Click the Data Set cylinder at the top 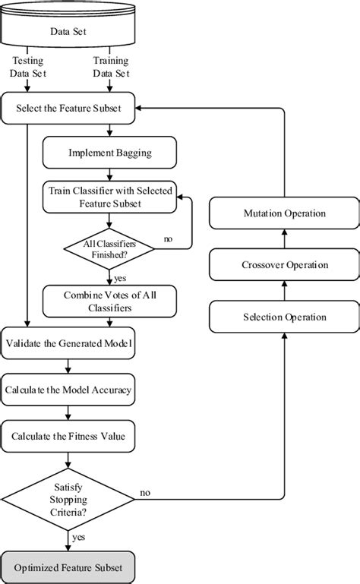click(68, 30)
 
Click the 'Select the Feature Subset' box click(68, 109)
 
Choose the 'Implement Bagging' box click(110, 152)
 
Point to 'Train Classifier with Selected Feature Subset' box click(110, 196)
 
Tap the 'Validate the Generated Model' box click(68, 344)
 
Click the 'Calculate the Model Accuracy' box click(68, 390)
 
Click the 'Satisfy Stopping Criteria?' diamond click(68, 498)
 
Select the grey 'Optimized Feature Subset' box click(68, 566)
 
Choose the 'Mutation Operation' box click(283, 213)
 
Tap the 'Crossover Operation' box click(283, 265)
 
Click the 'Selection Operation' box click(283, 316)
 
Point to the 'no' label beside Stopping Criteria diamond click(145, 493)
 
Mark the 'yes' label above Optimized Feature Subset click(79, 536)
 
